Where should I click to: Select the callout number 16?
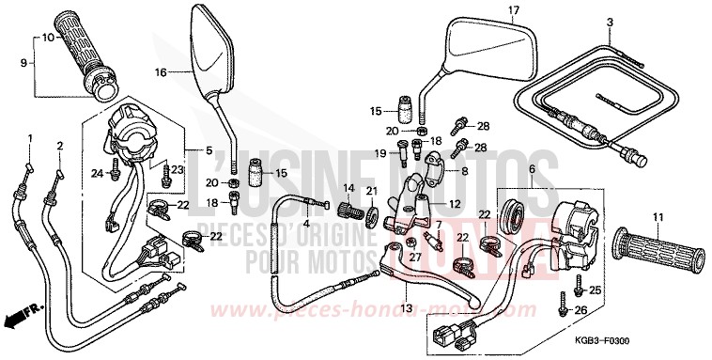161,72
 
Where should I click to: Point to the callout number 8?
463,173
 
